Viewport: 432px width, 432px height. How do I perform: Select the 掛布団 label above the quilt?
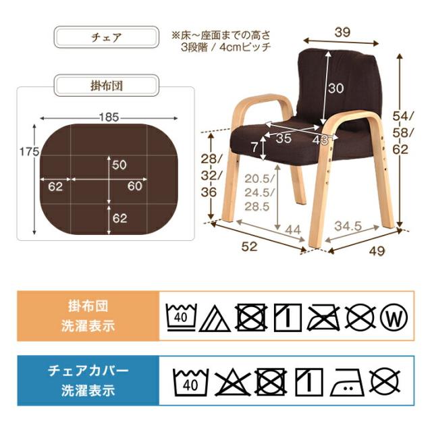pos(106,86)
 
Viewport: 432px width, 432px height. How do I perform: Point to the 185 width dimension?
pos(108,117)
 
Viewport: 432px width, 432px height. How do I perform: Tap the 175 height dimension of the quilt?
pos(28,153)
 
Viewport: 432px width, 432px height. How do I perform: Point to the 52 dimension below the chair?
pos(250,248)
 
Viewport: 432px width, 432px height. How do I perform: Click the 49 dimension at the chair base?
pos(377,252)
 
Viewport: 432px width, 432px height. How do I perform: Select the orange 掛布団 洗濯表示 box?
pos(87,315)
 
